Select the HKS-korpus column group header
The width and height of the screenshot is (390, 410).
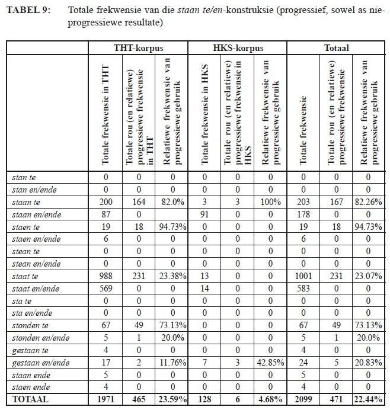point(237,48)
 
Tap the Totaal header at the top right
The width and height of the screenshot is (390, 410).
point(336,48)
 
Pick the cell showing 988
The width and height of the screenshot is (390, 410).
point(106,276)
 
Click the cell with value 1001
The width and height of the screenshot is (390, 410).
point(303,276)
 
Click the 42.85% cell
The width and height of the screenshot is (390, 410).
point(270,363)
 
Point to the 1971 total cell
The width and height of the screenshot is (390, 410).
point(106,401)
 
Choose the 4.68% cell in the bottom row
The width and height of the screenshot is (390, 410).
point(270,401)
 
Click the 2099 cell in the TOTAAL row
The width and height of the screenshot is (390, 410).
point(303,401)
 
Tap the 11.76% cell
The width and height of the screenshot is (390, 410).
point(171,363)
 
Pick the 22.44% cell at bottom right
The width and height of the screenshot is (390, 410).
point(368,401)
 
